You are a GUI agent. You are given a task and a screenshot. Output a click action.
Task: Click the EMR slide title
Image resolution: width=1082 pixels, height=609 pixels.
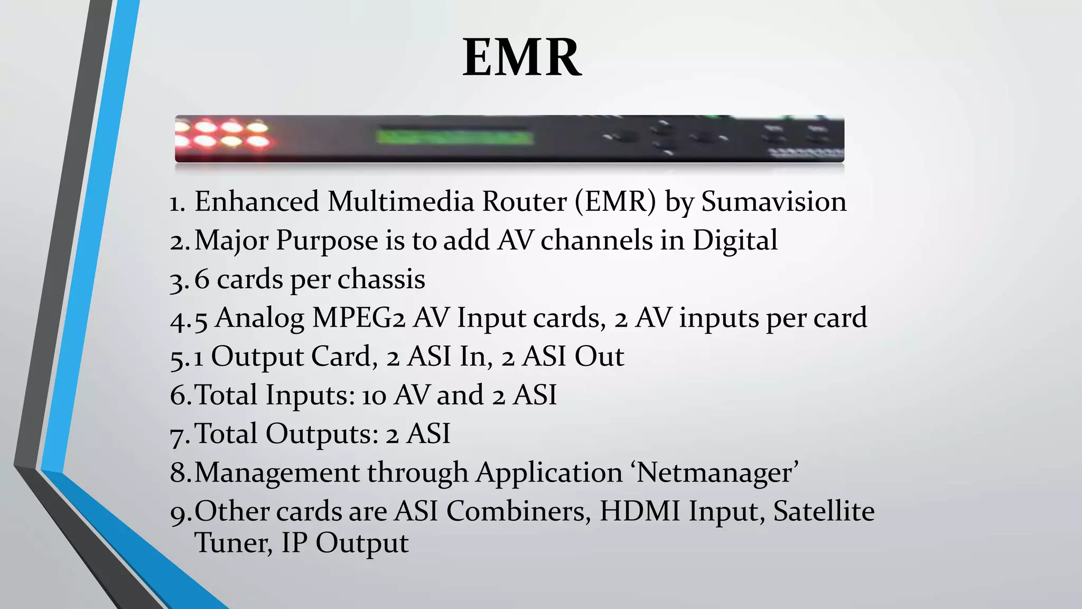522,58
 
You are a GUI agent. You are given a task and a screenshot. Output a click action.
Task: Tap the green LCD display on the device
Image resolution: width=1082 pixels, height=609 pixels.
454,137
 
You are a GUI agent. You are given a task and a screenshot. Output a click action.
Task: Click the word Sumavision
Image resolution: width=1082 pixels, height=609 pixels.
773,202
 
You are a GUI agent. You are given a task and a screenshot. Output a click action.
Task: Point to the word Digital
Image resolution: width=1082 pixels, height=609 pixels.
735,241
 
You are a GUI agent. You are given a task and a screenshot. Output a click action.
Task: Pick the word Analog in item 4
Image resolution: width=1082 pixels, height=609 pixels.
259,318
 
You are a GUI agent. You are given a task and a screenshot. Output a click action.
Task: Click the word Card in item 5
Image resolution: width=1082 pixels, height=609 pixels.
344,356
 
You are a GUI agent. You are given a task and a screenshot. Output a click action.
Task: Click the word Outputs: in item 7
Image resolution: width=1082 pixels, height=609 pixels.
322,433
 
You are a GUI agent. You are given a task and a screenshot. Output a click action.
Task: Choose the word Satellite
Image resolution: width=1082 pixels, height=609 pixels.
824,511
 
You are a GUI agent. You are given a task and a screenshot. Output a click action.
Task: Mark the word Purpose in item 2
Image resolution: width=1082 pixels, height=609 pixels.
327,241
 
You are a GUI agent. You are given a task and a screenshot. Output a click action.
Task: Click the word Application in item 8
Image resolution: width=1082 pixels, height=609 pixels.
549,473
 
